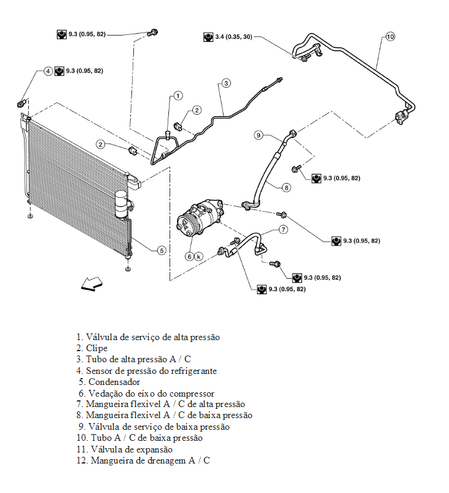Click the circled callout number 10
click(391, 37)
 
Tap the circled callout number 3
click(226, 82)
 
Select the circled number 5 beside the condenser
click(161, 250)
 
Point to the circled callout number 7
click(283, 230)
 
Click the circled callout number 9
click(259, 135)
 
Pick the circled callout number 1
click(177, 96)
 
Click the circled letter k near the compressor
click(199, 256)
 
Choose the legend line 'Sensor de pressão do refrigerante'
click(150, 371)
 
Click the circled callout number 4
click(48, 71)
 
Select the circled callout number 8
click(286, 188)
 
